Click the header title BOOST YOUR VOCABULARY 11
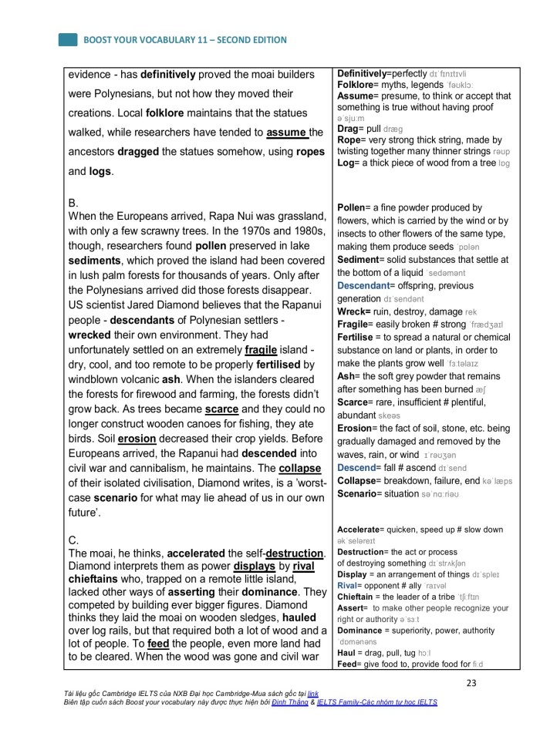click(184, 39)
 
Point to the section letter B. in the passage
click(73, 202)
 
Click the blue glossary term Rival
click(351, 585)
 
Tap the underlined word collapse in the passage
click(300, 468)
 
